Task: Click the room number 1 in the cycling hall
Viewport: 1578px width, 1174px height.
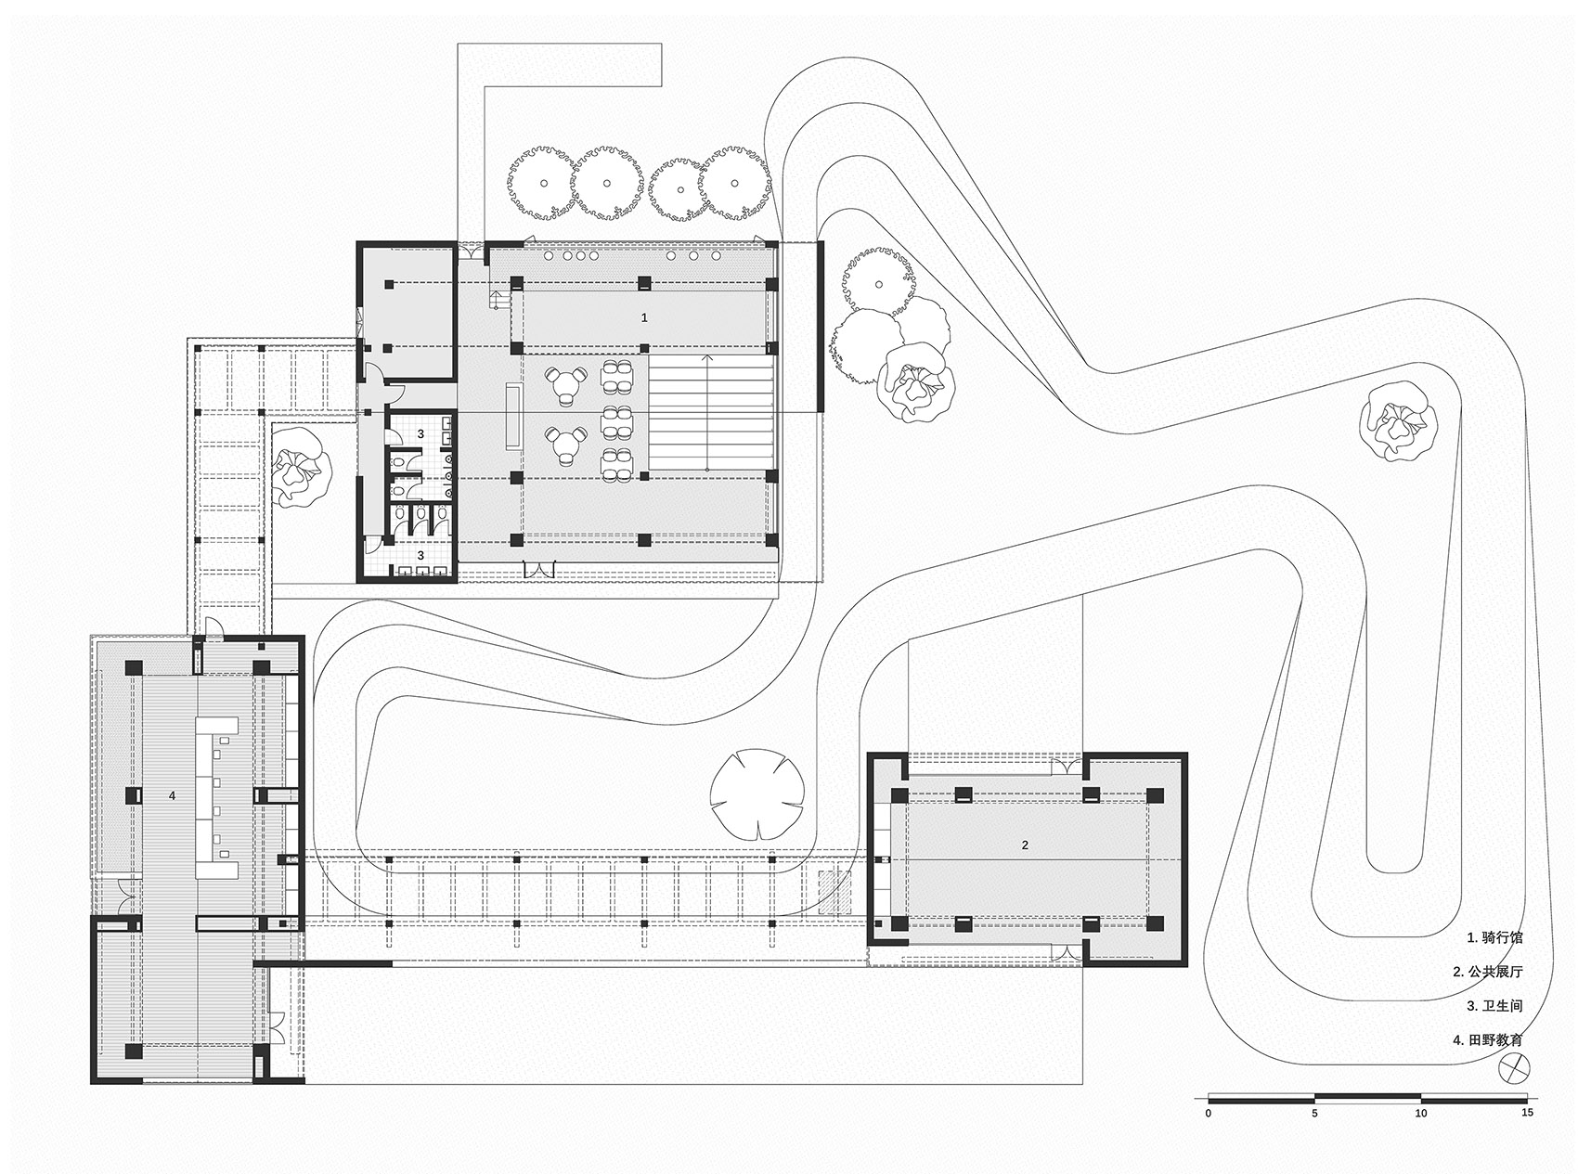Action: (x=644, y=317)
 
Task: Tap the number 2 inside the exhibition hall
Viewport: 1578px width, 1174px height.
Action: (x=1025, y=845)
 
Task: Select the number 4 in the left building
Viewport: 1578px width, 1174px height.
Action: (x=172, y=795)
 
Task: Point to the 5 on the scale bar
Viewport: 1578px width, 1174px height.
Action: (x=1314, y=1112)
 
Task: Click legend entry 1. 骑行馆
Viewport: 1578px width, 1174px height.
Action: (x=1494, y=937)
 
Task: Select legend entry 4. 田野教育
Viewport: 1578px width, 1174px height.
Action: (x=1488, y=1040)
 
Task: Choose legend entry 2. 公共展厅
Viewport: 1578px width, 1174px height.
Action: (x=1488, y=972)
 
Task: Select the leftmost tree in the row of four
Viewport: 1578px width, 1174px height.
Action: (x=541, y=183)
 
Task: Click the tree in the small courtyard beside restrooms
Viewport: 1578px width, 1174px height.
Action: (x=300, y=466)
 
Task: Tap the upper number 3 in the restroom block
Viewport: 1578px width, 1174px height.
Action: (x=420, y=432)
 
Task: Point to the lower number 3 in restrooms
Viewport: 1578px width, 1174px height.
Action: (x=420, y=554)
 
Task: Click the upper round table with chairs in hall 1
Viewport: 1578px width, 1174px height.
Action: (x=566, y=383)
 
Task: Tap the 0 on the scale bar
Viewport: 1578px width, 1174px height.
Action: (x=1208, y=1112)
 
